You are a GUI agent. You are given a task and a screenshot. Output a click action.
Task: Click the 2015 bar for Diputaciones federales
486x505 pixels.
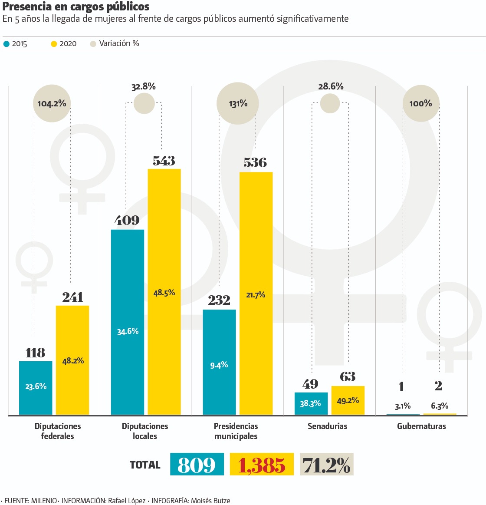tap(36, 388)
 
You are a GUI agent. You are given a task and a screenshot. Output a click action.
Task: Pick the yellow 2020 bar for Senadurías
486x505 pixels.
tap(348, 400)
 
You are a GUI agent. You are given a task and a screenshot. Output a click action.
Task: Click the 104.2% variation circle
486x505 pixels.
tap(52, 103)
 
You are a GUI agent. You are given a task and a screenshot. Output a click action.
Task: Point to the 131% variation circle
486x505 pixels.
tap(238, 103)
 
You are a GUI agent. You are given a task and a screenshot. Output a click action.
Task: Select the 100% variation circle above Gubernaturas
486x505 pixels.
tap(420, 103)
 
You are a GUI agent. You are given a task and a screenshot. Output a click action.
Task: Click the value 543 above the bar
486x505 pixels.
tap(164, 161)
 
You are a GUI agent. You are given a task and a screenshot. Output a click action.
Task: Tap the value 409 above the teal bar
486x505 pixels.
tap(127, 221)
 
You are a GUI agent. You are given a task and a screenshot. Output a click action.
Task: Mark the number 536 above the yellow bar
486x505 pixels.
tap(255, 162)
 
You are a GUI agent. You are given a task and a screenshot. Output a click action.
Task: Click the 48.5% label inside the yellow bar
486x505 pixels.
tap(164, 293)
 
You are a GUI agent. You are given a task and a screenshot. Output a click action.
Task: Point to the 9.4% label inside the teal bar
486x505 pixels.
tap(219, 365)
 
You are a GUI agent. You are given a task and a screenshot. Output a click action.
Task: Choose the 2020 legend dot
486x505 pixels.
tap(54, 44)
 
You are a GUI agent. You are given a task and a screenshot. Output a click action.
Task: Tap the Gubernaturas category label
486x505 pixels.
tap(421, 426)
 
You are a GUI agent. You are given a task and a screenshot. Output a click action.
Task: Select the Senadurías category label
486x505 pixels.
tap(327, 426)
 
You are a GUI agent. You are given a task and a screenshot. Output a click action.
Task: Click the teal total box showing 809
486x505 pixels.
tap(197, 464)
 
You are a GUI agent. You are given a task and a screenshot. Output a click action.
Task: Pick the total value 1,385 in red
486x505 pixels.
tap(262, 465)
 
